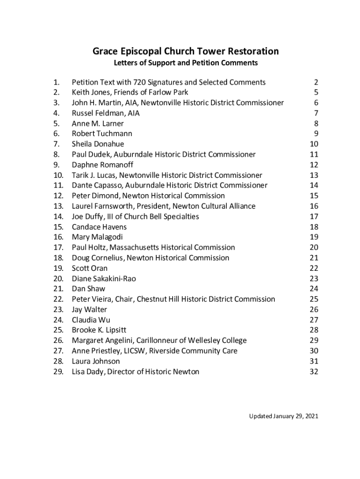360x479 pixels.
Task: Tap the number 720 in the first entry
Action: pyautogui.click(x=140, y=82)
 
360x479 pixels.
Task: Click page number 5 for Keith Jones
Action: pyautogui.click(x=316, y=93)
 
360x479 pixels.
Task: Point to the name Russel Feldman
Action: pyautogui.click(x=99, y=113)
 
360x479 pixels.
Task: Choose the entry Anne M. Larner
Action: pyautogui.click(x=98, y=123)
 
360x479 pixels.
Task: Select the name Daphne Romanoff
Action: pyautogui.click(x=102, y=165)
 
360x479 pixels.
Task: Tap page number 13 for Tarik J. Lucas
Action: pyautogui.click(x=314, y=175)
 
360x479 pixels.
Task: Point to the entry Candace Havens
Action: pyautogui.click(x=99, y=227)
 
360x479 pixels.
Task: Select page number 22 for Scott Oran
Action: pyautogui.click(x=314, y=268)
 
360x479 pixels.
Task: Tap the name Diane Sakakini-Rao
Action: pyautogui.click(x=104, y=278)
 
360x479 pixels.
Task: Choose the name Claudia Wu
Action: pyautogui.click(x=91, y=320)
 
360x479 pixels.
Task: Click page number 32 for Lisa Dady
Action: pyautogui.click(x=314, y=372)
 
